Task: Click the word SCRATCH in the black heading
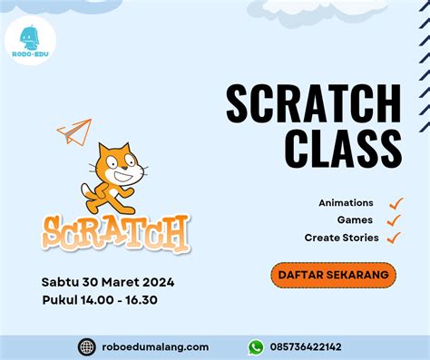(313, 104)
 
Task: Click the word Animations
(346, 202)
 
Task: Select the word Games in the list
(355, 219)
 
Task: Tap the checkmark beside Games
(393, 219)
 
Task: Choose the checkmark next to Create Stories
(394, 238)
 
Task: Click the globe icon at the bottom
(87, 346)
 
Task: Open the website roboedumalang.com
(156, 346)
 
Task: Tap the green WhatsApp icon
(256, 346)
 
